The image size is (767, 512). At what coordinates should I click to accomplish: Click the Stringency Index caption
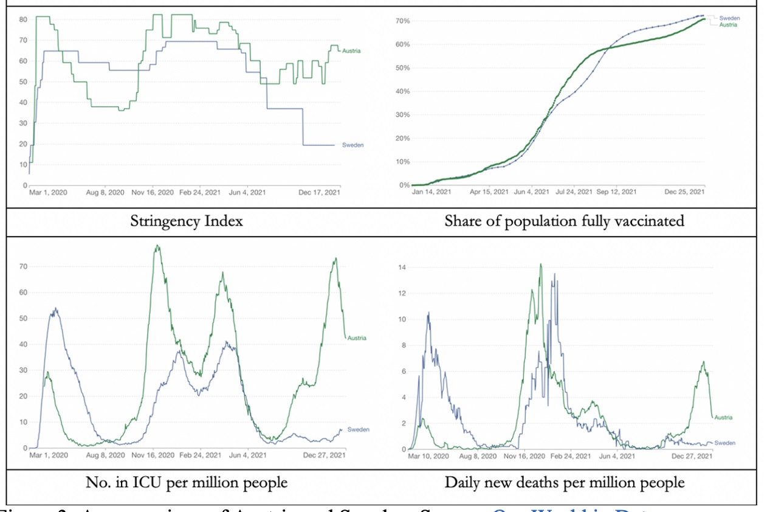(187, 221)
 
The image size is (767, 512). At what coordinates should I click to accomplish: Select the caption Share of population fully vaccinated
(564, 221)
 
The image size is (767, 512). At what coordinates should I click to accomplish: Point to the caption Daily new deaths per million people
(565, 483)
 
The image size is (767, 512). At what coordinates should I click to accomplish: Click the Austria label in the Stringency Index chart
(351, 50)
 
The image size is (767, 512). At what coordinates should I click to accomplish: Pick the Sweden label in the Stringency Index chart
(353, 145)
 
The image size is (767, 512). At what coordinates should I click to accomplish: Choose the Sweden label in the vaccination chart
(729, 18)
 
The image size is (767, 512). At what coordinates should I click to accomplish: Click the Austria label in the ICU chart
(357, 338)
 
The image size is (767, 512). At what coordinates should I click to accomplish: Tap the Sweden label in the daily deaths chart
(725, 443)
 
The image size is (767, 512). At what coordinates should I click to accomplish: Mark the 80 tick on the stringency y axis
(23, 19)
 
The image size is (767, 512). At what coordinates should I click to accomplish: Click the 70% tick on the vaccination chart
(403, 21)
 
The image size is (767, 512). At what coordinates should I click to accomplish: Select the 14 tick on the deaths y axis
(401, 267)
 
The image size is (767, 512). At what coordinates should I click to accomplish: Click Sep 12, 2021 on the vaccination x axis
(616, 192)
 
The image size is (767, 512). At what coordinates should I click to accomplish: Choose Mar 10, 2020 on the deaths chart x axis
(428, 455)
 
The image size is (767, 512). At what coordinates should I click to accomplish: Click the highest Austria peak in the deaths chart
(540, 264)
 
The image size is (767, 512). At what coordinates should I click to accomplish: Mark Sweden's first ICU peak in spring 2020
(55, 308)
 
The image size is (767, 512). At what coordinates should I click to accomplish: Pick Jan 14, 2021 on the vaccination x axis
(431, 192)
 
